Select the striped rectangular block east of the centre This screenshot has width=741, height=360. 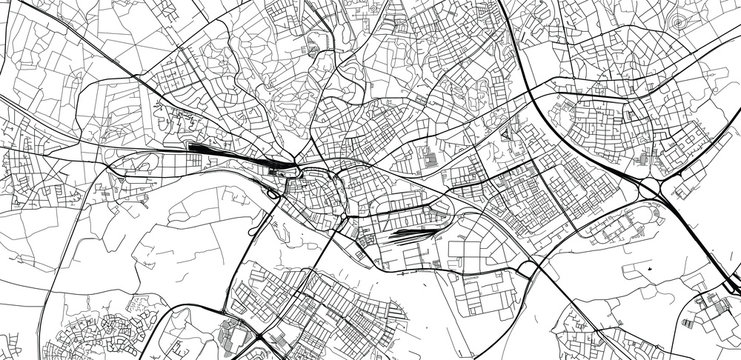coord(430,159)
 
